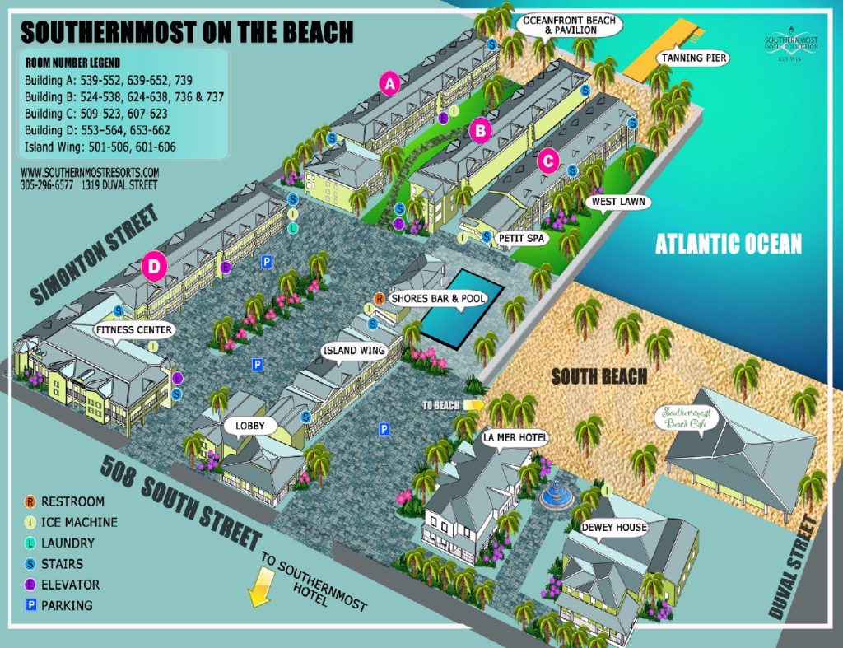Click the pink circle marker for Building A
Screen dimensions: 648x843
389,82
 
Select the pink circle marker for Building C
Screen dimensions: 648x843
548,161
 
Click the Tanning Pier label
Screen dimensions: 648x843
694,58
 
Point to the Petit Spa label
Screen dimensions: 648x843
522,238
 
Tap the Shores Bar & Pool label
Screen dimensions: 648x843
437,298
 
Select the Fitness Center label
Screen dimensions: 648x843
133,330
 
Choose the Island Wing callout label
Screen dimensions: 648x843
354,351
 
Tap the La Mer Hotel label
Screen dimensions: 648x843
516,436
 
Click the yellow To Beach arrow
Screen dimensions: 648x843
472,405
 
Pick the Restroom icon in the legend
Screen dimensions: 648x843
30,501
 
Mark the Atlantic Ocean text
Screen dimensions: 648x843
729,244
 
